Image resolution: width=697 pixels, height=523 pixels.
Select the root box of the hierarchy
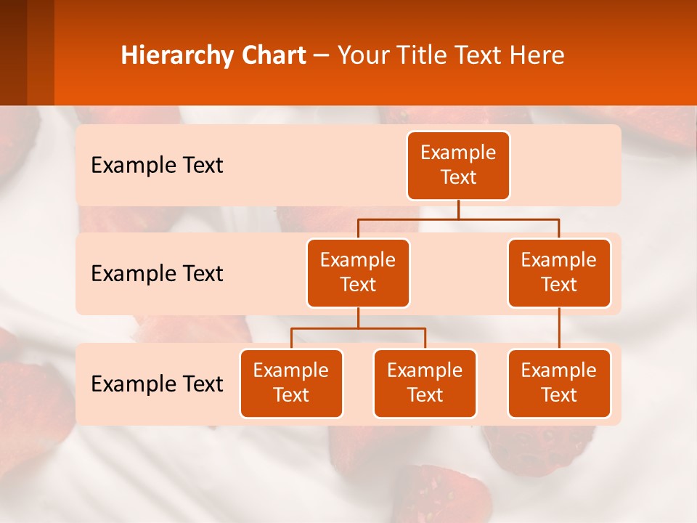(x=458, y=165)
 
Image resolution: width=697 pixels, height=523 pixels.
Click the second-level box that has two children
(x=358, y=272)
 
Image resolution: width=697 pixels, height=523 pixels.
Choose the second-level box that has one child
(x=559, y=272)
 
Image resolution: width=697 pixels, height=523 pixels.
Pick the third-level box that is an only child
(x=559, y=383)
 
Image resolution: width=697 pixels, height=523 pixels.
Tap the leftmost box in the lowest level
(x=291, y=383)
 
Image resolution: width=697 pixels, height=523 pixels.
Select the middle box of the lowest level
(x=425, y=383)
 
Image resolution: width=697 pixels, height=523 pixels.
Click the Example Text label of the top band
(x=157, y=166)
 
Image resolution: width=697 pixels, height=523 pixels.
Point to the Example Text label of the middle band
(x=157, y=274)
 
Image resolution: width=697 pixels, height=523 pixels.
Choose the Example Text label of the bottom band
(x=157, y=384)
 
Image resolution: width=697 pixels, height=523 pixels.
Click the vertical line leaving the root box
(x=458, y=209)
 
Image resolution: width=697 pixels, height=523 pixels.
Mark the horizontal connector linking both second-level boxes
(x=458, y=219)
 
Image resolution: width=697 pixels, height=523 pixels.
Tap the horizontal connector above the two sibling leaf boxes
(x=358, y=328)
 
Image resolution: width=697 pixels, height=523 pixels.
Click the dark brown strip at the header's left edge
(x=13, y=52)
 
